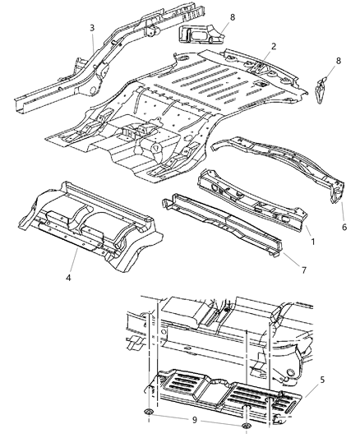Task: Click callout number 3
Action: (93, 29)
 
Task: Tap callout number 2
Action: (261, 48)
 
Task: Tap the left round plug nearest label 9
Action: (146, 412)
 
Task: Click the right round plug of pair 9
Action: (247, 427)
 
